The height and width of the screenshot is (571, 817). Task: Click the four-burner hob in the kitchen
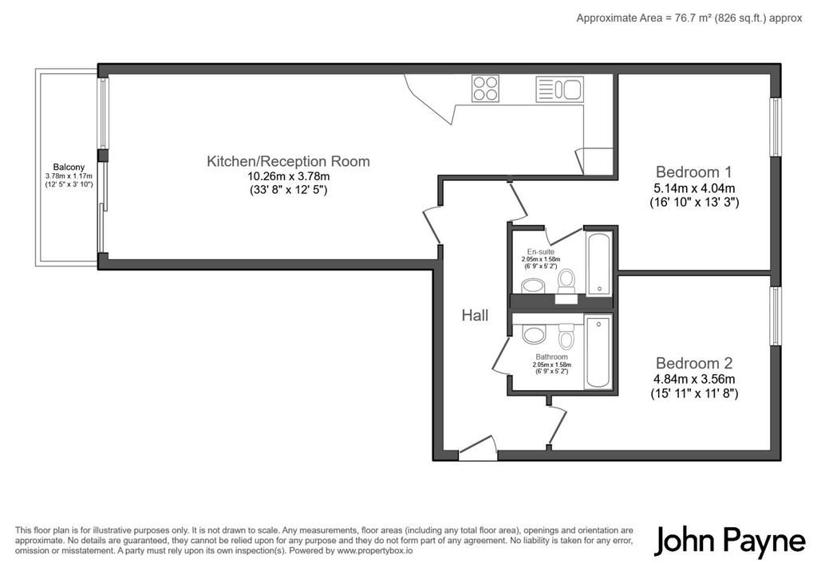(486, 88)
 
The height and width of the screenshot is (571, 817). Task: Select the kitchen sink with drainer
(559, 89)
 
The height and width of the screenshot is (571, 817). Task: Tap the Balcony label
(69, 167)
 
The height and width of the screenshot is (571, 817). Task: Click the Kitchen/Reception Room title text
(288, 161)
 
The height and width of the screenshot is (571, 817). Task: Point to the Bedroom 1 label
(693, 171)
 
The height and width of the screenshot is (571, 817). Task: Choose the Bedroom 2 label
(694, 363)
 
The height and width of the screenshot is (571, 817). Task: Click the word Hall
(475, 315)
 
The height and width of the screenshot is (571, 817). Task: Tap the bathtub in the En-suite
(599, 264)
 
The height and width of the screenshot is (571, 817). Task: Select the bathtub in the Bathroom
(598, 352)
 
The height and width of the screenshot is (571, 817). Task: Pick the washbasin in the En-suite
(533, 285)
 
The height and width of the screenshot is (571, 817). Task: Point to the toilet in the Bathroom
(566, 336)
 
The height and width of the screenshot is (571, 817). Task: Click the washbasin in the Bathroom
(534, 334)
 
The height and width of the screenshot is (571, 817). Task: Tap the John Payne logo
(730, 541)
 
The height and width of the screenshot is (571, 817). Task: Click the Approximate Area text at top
(689, 18)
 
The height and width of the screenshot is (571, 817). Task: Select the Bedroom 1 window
(776, 127)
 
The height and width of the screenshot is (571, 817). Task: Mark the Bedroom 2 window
(776, 316)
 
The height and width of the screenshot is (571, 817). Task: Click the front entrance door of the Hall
(477, 449)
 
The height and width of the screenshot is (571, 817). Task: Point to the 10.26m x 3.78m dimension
(289, 176)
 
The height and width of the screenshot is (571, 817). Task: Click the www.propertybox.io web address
(375, 550)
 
